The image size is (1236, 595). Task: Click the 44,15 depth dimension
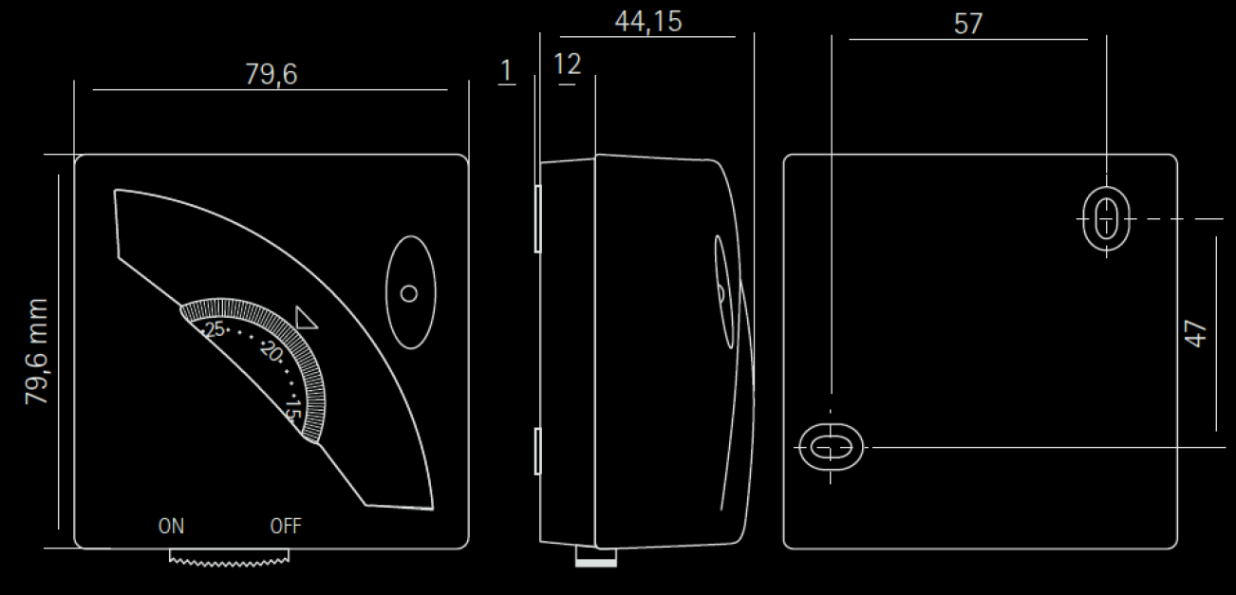(x=648, y=21)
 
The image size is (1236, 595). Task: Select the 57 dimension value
(x=967, y=24)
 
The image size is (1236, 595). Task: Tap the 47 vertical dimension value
(x=1196, y=333)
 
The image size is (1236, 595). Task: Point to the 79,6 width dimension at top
(x=271, y=75)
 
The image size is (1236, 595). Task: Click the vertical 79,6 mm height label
(x=38, y=351)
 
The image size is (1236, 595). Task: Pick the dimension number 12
(x=567, y=65)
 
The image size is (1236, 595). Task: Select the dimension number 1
(x=506, y=69)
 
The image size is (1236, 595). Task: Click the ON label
(x=172, y=526)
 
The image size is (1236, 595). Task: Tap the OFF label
(x=286, y=526)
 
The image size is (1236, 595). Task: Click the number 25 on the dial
(x=215, y=329)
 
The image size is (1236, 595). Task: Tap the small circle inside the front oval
(x=409, y=293)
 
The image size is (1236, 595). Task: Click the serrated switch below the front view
(x=227, y=557)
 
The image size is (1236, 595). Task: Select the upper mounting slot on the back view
(x=1106, y=218)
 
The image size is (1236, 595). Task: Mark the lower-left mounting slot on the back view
(x=831, y=445)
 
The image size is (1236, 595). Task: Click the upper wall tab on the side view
(x=537, y=218)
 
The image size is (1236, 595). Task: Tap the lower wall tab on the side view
(x=537, y=451)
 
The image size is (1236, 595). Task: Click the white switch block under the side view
(x=596, y=560)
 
